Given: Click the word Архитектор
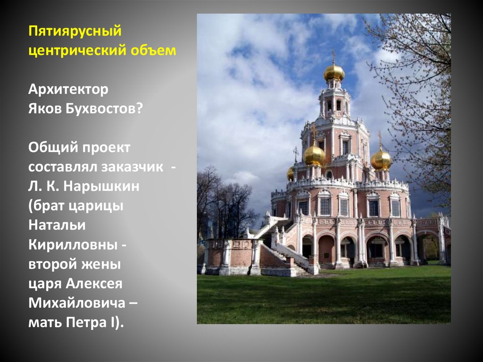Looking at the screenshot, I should [68, 90].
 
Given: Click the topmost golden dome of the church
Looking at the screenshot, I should [333, 73].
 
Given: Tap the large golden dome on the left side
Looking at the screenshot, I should [314, 155].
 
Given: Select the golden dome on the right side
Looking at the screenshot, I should [381, 160].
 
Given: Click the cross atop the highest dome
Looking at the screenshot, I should [333, 56].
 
